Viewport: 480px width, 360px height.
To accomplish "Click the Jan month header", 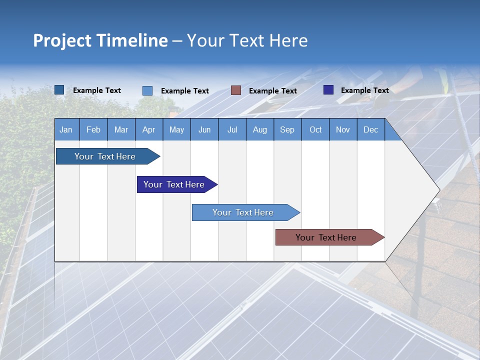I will [66, 130].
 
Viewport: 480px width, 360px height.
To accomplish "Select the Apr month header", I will [148, 130].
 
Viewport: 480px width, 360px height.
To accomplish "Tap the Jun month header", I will [204, 130].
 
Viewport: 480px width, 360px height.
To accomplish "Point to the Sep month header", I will [287, 130].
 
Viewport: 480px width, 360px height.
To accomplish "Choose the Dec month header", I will [370, 130].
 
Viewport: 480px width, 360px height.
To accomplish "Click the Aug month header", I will [259, 130].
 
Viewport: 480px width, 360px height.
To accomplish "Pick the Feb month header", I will [93, 130].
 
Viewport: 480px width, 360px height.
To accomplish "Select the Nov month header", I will [343, 130].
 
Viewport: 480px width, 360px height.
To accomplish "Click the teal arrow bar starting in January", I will [105, 156].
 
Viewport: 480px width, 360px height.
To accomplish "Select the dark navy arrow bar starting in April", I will [174, 184].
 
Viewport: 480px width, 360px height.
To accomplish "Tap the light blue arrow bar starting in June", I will [243, 212].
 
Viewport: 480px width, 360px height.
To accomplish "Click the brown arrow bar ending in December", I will [326, 237].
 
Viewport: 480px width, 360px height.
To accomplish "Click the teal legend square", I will [59, 90].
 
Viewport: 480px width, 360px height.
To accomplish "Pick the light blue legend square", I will [147, 90].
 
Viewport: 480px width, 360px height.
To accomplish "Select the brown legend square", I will [236, 90].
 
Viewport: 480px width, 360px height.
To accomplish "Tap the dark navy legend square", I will [328, 90].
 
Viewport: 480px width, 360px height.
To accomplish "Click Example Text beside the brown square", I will [273, 91].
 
